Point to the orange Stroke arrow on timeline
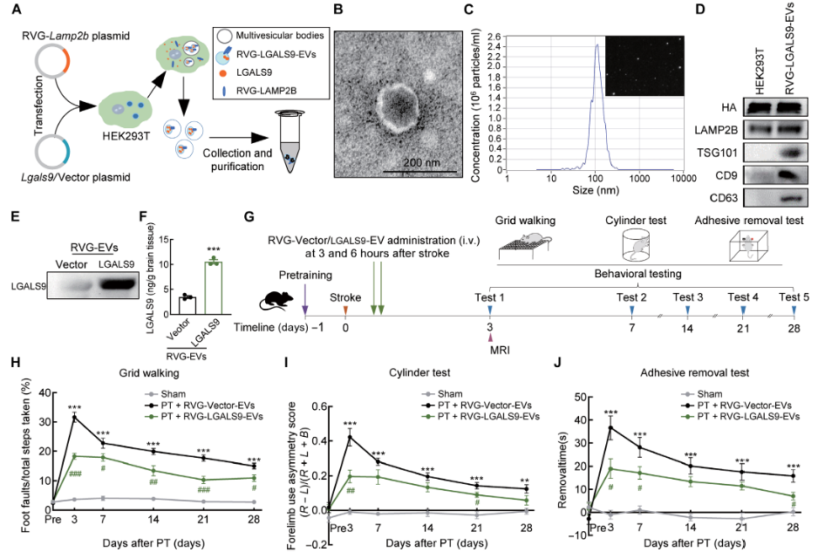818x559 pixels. point(345,310)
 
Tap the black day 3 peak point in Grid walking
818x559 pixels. point(75,418)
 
